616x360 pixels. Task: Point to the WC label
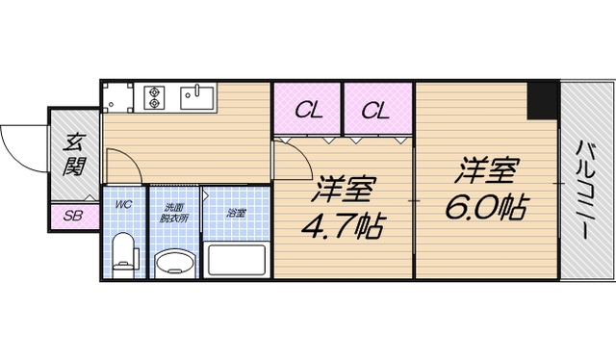click(x=123, y=205)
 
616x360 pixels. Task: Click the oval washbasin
click(x=174, y=262)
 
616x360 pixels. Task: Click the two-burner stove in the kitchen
click(x=157, y=96)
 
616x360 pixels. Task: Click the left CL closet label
click(x=308, y=111)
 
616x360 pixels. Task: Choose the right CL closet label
click(x=375, y=111)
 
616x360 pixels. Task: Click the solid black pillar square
click(x=543, y=101)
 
